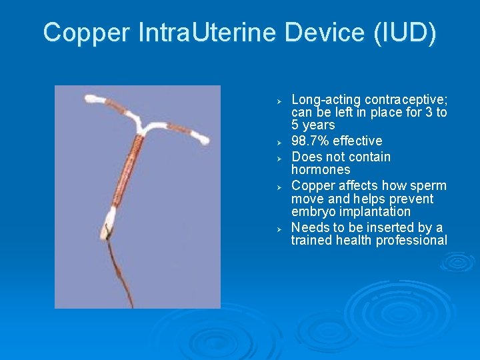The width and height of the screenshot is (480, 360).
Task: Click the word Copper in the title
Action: click(x=85, y=33)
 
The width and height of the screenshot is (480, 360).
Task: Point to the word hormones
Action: click(x=321, y=169)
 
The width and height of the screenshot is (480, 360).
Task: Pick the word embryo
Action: click(x=313, y=212)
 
